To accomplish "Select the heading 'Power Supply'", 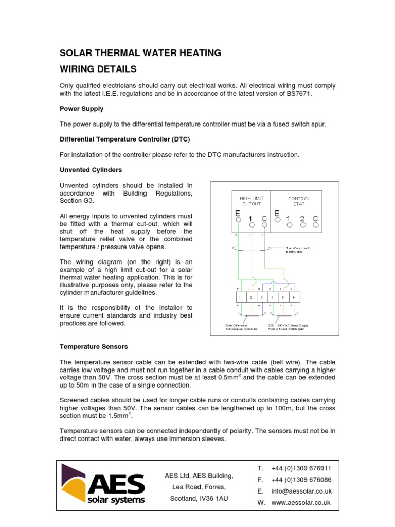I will click(x=82, y=109).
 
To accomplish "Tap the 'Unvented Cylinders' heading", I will click(x=91, y=170).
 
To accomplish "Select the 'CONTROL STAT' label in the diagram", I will click(x=299, y=201).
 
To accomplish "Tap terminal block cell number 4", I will click(x=272, y=297).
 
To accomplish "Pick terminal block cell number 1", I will click(x=240, y=297).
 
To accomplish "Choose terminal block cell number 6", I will click(x=294, y=297).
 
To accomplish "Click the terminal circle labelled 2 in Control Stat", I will click(x=303, y=224).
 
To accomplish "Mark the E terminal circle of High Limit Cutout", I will click(x=238, y=220).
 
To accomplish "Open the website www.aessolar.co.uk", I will click(x=300, y=502).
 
